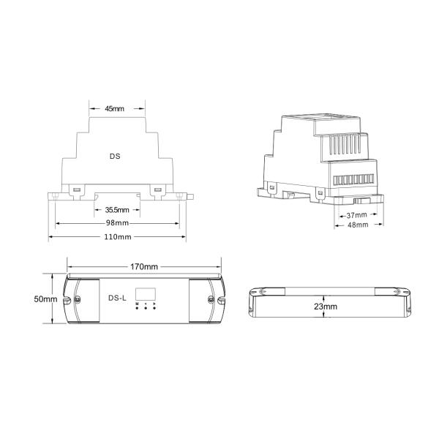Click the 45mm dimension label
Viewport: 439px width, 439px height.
114,108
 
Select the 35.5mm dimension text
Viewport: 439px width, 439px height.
117,210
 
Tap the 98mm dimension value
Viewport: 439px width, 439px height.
117,223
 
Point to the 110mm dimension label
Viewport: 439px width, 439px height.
118,237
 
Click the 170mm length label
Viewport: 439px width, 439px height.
144,266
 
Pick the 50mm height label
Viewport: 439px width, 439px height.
45,299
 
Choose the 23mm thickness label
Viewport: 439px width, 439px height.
326,307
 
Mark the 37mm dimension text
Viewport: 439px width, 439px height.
357,215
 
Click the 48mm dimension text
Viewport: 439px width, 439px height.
358,225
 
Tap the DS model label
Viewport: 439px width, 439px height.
115,157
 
